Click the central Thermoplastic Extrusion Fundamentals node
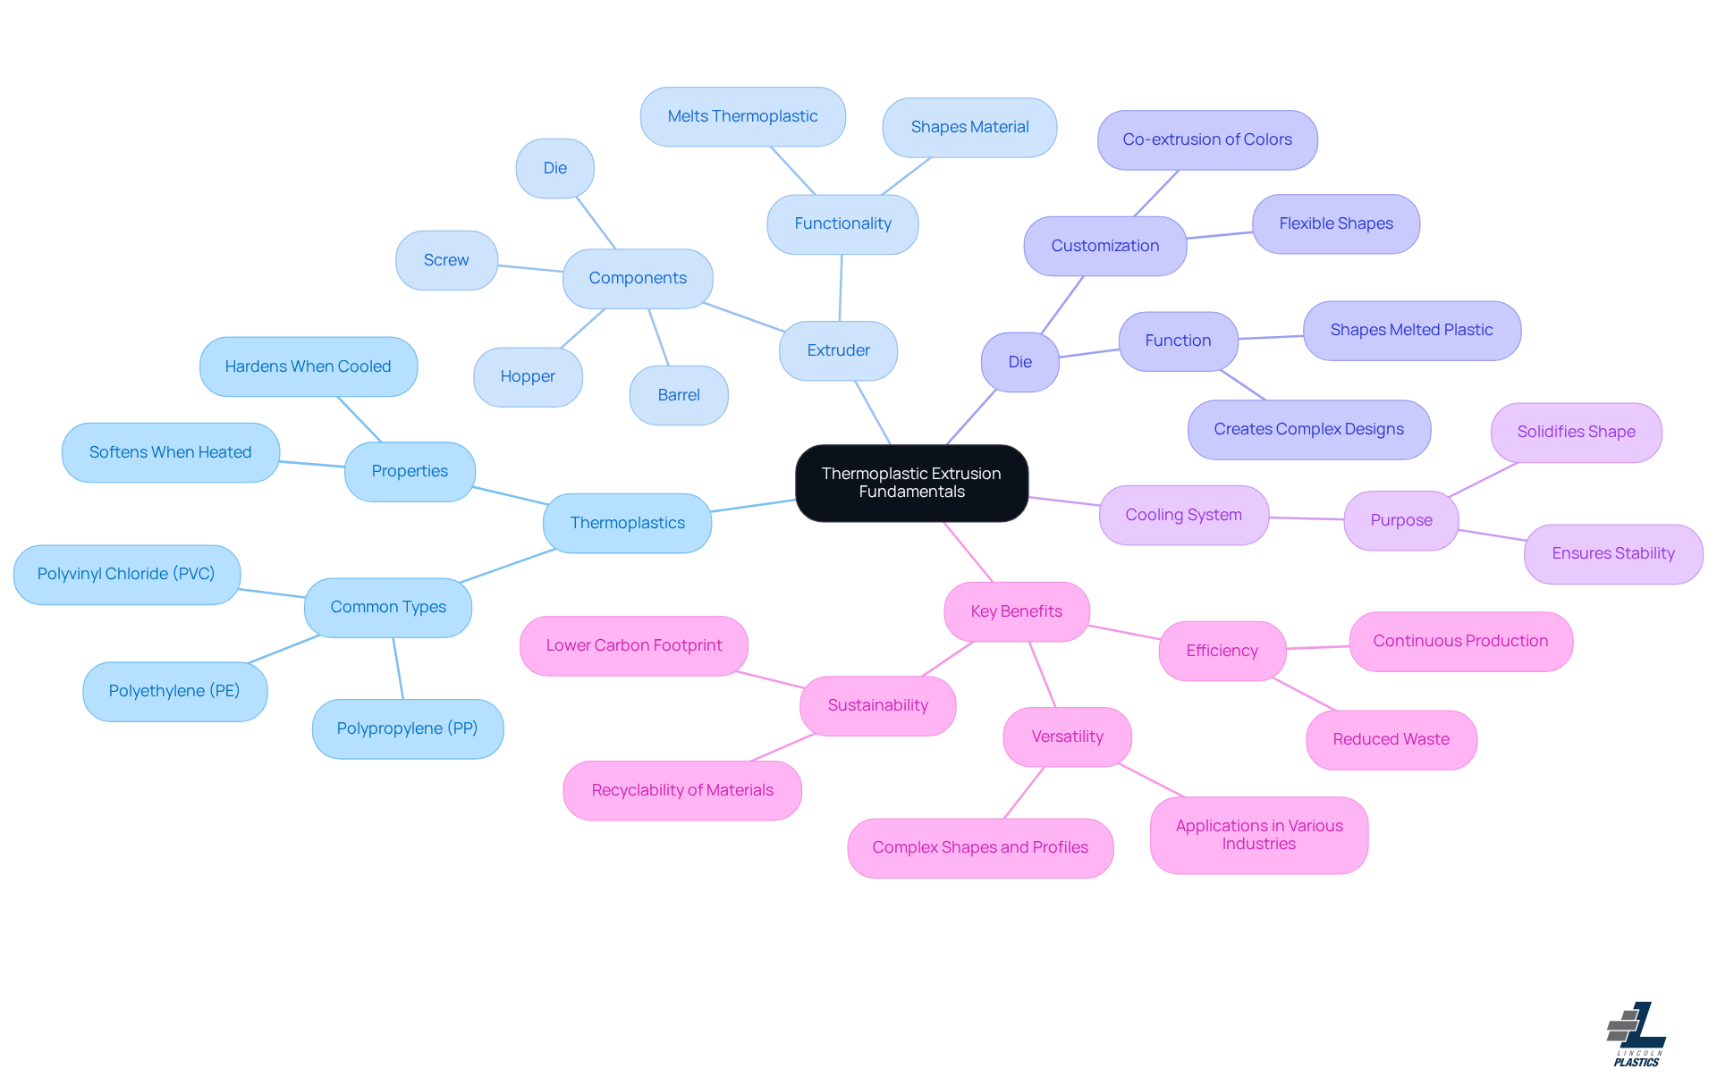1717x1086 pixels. tap(911, 483)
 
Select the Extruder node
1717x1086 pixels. tap(838, 350)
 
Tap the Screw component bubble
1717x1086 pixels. tap(446, 260)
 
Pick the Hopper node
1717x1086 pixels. tap(528, 376)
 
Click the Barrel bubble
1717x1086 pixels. tap(679, 395)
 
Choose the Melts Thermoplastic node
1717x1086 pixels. tap(742, 116)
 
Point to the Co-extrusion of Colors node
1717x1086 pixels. tap(1207, 139)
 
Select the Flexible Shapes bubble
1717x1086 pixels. tap(1336, 223)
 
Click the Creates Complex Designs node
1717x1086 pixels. tap(1308, 429)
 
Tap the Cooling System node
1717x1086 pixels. tap(1183, 515)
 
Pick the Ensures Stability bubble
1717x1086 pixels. tap(1613, 553)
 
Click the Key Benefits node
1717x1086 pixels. tap(1017, 611)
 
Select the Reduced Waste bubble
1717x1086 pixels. tap(1391, 739)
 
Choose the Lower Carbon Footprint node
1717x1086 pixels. tap(634, 645)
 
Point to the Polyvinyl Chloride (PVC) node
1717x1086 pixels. tap(126, 574)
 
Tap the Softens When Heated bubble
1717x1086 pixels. tap(170, 452)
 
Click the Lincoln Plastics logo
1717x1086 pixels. tap(1637, 1034)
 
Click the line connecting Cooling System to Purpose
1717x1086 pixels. tap(1307, 518)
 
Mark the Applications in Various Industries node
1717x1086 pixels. tap(1259, 835)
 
